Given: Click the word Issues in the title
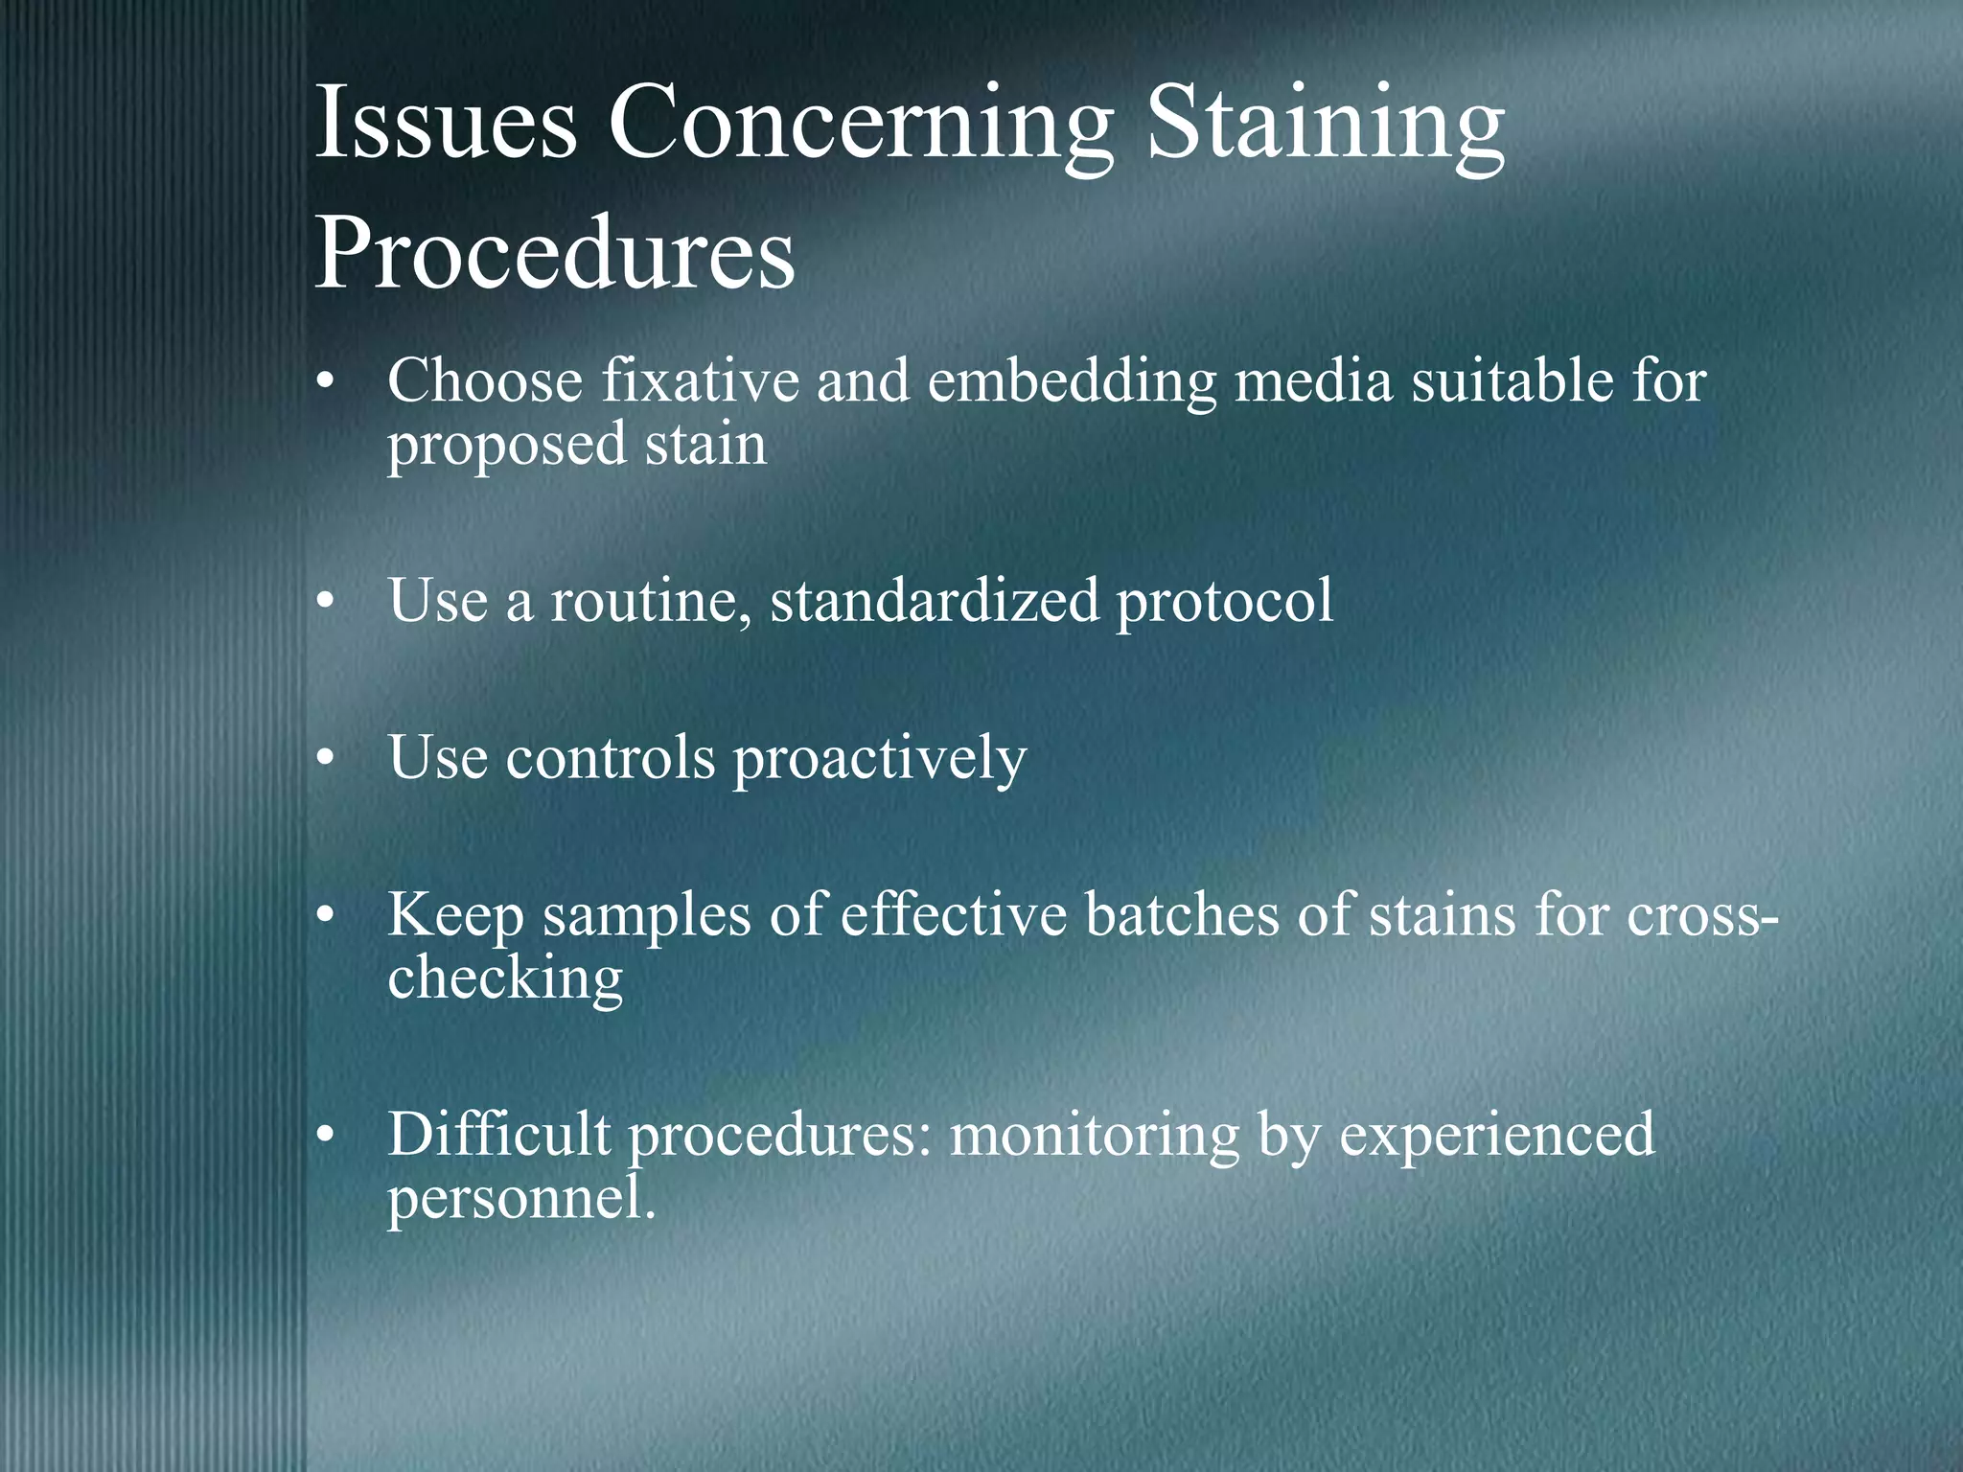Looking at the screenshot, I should [x=446, y=125].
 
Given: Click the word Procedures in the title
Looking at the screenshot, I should [x=555, y=254].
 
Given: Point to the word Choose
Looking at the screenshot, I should [x=486, y=380].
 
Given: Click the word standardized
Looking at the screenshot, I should [x=935, y=601].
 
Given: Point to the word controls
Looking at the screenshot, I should [x=611, y=757].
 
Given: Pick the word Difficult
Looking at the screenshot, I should [x=498, y=1135].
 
